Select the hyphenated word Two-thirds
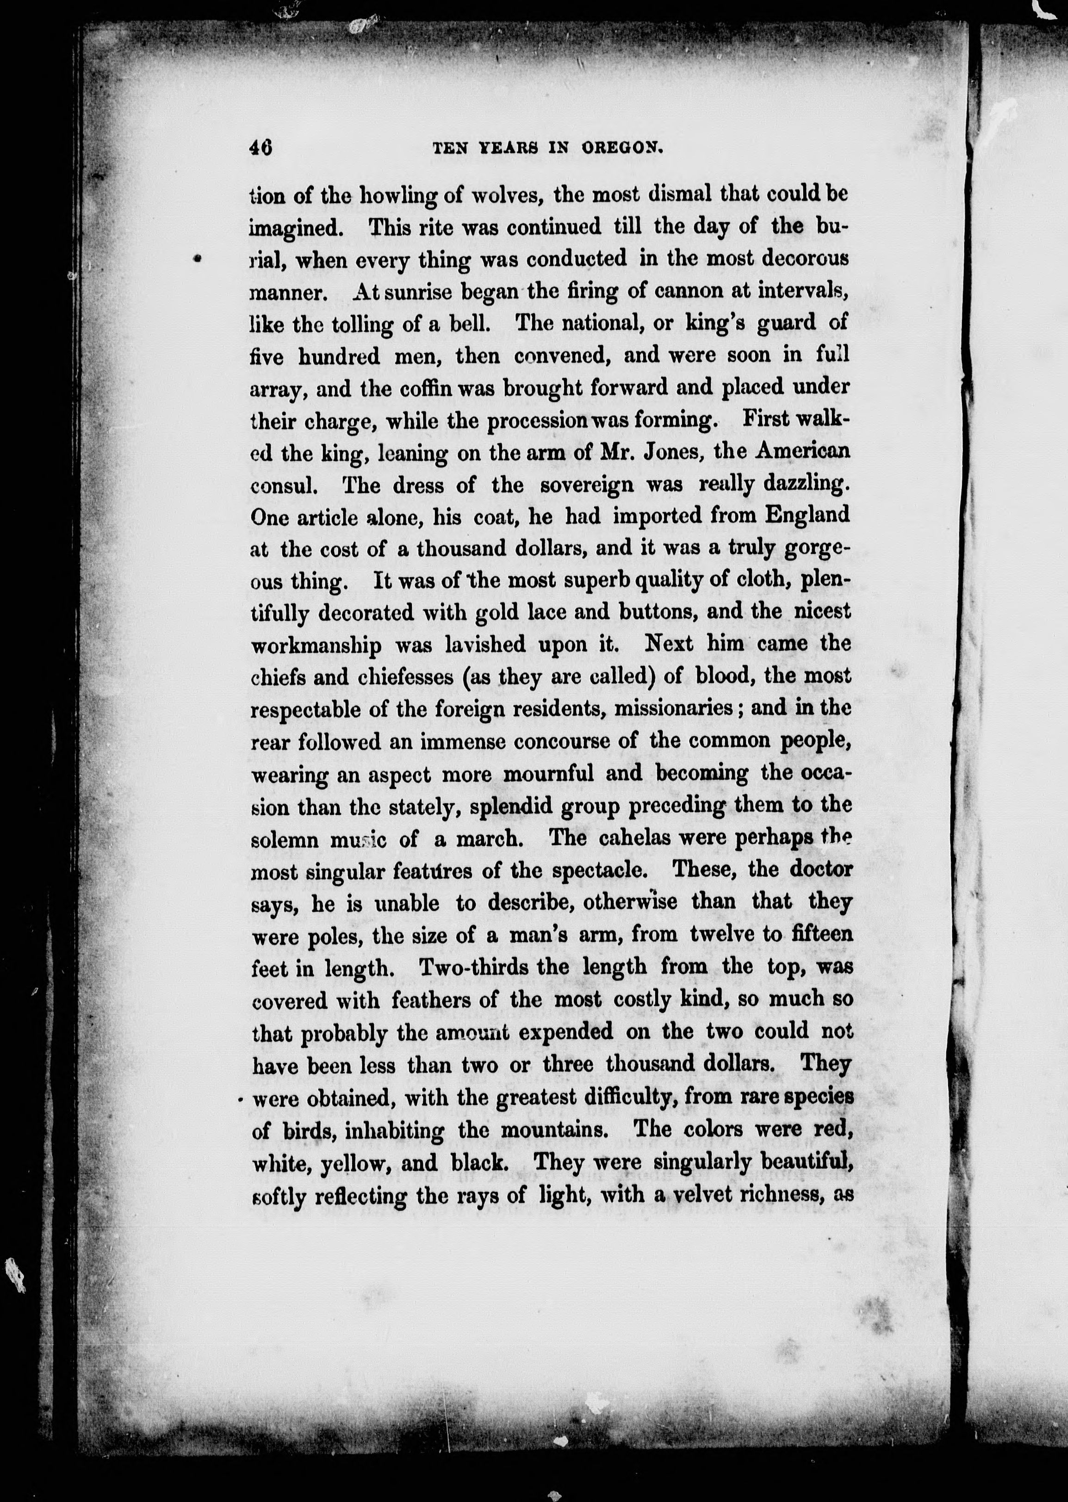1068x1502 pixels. coord(470,967)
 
